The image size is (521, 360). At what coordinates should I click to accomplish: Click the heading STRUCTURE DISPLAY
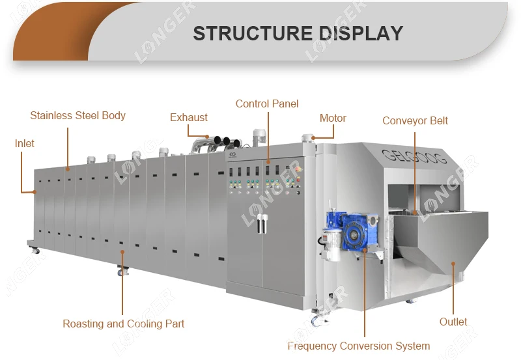[x=298, y=33]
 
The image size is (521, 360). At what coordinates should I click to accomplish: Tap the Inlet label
[x=25, y=143]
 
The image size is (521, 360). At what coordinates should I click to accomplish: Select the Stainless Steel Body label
[x=77, y=116]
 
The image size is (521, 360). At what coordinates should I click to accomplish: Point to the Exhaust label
[x=189, y=118]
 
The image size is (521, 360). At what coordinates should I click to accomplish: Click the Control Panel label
[x=267, y=104]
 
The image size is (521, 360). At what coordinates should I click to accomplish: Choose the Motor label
[x=333, y=118]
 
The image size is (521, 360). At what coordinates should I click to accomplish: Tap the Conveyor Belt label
[x=415, y=120]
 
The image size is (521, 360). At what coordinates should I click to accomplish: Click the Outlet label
[x=453, y=322]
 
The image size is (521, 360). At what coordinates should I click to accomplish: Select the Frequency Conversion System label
[x=359, y=346]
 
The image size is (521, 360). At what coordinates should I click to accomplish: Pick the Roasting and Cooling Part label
[x=123, y=324]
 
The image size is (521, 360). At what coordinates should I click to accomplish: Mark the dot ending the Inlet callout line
[x=35, y=191]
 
